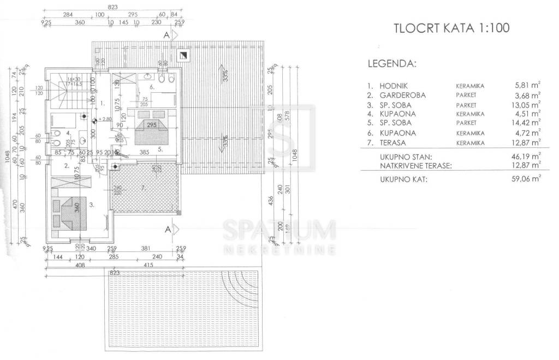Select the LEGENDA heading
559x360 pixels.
tap(392, 63)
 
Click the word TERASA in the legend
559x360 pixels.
tap(395, 142)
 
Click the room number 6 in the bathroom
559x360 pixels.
tap(152, 86)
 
